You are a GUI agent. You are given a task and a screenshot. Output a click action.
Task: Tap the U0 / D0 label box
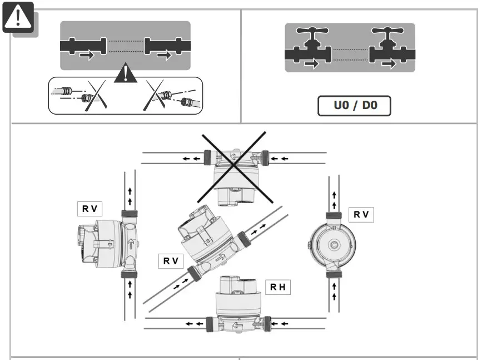[354, 105]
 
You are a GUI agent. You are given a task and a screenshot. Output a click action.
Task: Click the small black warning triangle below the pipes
[126, 75]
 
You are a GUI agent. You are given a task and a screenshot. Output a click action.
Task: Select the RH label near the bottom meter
[277, 287]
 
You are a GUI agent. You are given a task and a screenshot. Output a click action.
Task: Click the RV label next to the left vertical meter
[90, 209]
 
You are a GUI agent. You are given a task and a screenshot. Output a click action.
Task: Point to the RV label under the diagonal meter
[171, 260]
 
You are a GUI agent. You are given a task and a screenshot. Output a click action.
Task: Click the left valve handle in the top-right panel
[312, 32]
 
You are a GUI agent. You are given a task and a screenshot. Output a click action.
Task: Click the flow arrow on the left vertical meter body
[131, 243]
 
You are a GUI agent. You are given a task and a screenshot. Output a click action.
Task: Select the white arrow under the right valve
[390, 65]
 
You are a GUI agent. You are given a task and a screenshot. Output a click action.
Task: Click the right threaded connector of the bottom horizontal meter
[267, 322]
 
